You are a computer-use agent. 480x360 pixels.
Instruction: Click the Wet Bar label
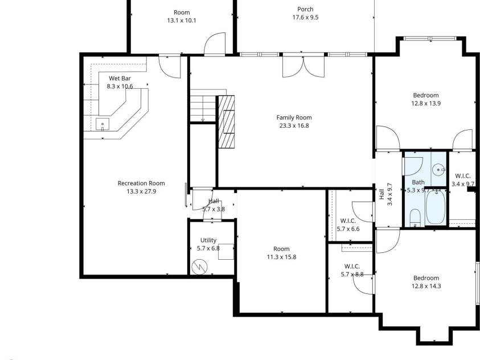[120, 77]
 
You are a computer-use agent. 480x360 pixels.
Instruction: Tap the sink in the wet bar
[102, 123]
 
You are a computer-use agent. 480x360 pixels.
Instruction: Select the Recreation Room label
[141, 183]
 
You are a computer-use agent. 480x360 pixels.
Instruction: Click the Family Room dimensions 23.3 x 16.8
[294, 126]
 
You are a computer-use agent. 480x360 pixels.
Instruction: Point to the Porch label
[305, 9]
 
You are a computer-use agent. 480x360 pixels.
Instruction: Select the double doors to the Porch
[303, 66]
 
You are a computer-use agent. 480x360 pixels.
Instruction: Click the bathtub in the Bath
[437, 208]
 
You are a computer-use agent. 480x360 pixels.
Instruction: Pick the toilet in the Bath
[415, 217]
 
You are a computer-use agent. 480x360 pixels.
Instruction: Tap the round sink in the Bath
[438, 169]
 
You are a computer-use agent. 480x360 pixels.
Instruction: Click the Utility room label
[208, 240]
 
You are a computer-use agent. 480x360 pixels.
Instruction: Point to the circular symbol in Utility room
[200, 266]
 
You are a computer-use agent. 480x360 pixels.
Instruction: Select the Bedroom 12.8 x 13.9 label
[426, 95]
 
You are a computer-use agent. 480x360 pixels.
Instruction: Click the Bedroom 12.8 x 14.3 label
[426, 278]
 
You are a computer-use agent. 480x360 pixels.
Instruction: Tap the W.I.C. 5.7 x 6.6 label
[348, 220]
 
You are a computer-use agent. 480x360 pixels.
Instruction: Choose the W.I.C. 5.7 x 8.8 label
[351, 266]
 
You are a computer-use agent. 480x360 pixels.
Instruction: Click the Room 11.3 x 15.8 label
[281, 249]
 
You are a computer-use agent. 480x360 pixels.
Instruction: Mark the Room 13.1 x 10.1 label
[182, 13]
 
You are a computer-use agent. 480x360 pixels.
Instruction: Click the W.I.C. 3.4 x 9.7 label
[462, 175]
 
